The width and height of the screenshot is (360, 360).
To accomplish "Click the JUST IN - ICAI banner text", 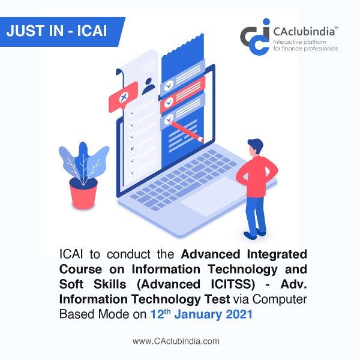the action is click(56, 31).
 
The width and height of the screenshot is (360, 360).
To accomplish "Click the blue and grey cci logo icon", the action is click(256, 37).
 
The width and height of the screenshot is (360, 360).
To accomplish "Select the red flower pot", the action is click(83, 193).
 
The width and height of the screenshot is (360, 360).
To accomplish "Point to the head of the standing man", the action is click(255, 147).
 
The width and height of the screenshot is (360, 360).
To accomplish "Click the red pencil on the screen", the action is click(186, 131).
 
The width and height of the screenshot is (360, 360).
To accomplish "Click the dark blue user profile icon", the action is click(148, 86).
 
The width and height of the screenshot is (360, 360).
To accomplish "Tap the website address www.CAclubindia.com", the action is click(176, 341).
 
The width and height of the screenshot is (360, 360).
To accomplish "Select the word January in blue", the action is click(197, 314).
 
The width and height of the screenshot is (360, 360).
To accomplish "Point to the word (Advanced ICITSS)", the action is click(196, 284).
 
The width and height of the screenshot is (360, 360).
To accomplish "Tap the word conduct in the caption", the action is click(128, 254).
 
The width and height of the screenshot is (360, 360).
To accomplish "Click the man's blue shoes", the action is click(255, 234).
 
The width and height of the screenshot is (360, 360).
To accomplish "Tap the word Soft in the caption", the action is click(71, 284).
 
